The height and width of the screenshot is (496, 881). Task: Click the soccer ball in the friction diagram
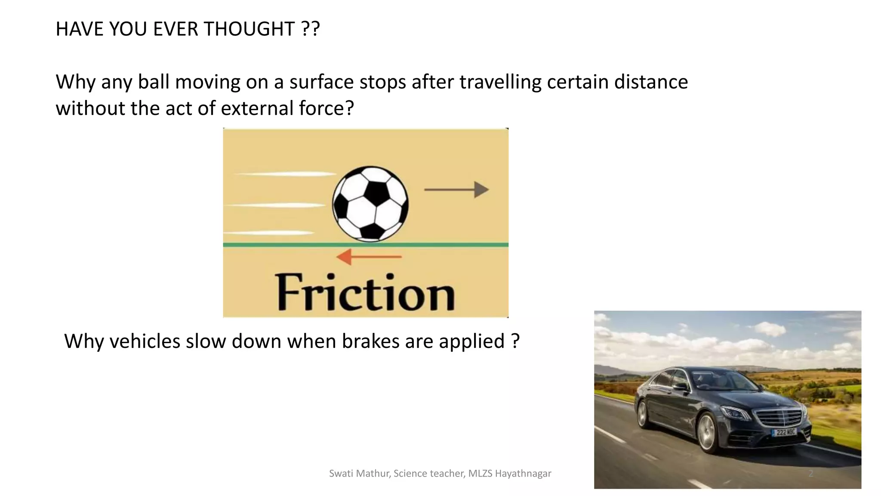(370, 204)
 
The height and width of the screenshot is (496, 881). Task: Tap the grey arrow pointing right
(456, 189)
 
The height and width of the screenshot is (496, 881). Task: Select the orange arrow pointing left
(369, 257)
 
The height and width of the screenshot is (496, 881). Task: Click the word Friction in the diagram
(365, 293)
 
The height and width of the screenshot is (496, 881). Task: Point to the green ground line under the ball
(366, 245)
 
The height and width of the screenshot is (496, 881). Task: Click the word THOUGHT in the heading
(249, 29)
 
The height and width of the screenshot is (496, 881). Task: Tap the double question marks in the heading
(310, 29)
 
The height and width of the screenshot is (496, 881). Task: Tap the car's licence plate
(785, 432)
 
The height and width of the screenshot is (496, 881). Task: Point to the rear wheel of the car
(642, 414)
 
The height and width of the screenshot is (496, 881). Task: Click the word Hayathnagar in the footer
(523, 474)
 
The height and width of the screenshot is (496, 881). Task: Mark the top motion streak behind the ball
(286, 174)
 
